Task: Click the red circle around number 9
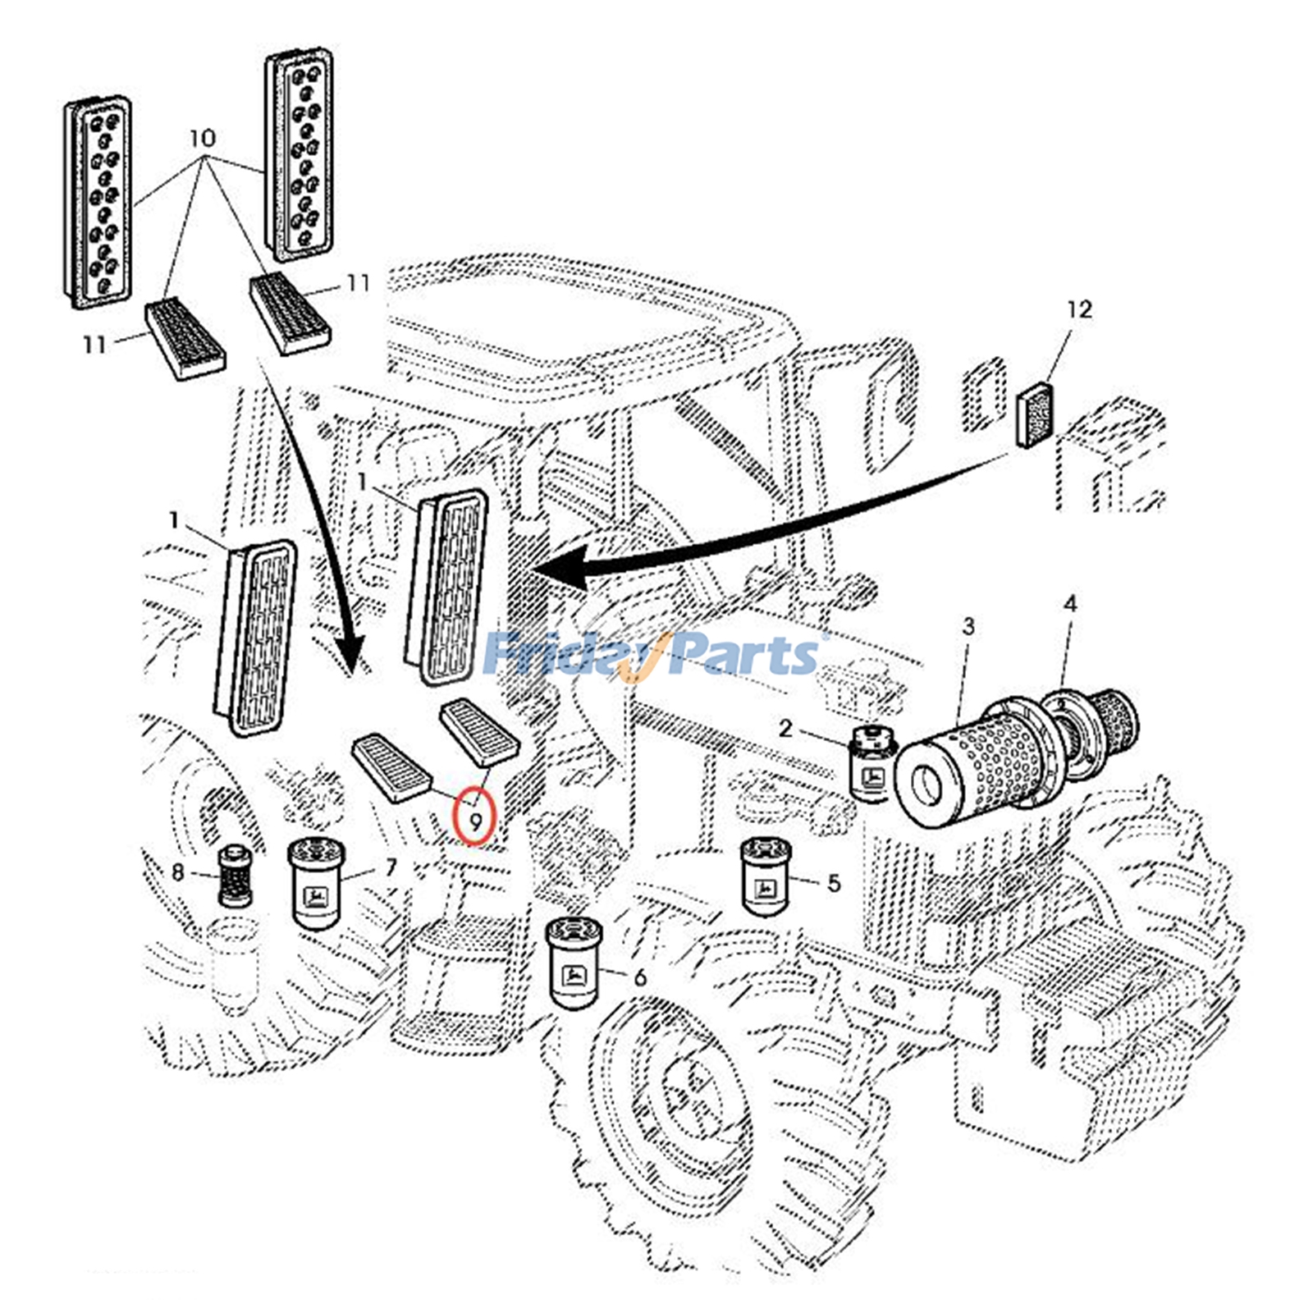475,816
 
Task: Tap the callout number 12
1079,309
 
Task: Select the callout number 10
202,137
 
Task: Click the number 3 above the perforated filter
968,627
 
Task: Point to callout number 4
1069,604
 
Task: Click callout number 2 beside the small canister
785,728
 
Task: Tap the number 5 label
834,883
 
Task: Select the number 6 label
640,977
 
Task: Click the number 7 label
391,867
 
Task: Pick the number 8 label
178,872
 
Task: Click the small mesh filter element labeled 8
235,876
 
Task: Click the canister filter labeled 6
573,964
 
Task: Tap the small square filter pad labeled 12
1036,416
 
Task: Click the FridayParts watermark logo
652,655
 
